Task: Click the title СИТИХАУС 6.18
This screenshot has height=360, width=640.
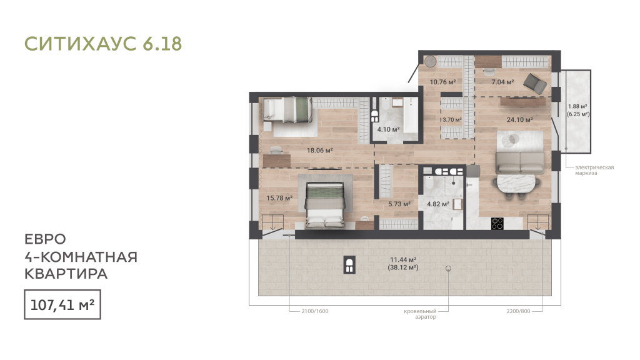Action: (103, 44)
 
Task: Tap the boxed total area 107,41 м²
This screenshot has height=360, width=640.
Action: (62, 304)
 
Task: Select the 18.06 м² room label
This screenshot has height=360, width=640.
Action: (320, 150)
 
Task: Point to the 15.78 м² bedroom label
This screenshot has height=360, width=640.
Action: (279, 198)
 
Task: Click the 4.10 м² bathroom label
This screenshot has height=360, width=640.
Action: (388, 129)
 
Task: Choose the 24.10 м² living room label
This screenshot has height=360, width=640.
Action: (519, 119)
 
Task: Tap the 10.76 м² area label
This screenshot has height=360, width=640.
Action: (443, 82)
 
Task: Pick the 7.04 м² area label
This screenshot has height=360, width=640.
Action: (502, 82)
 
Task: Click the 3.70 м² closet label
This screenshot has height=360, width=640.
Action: (452, 120)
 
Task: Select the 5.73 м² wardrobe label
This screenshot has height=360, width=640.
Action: (399, 204)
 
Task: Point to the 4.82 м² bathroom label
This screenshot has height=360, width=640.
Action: (438, 204)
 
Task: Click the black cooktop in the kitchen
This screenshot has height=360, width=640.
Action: (497, 223)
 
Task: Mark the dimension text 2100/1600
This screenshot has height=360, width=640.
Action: (315, 311)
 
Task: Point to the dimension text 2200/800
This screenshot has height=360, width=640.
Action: (518, 311)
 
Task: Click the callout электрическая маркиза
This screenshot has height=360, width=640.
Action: (594, 170)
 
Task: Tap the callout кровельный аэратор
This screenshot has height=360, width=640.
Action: (420, 314)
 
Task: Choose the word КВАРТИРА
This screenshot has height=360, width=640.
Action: (66, 274)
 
